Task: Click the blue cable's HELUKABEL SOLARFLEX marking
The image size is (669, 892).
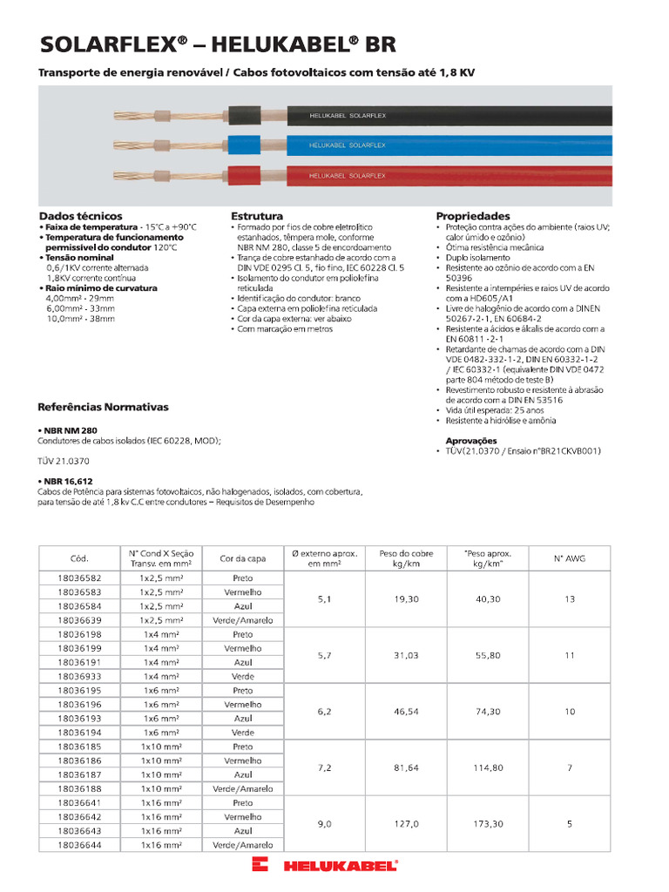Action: pyautogui.click(x=347, y=145)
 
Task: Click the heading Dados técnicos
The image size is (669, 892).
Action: pyautogui.click(x=80, y=216)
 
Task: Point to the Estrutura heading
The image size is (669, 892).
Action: pyautogui.click(x=256, y=216)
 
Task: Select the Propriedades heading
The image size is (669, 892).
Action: pyautogui.click(x=472, y=216)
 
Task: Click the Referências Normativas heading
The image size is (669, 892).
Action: pyautogui.click(x=103, y=407)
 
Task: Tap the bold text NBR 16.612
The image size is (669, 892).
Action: pyautogui.click(x=68, y=481)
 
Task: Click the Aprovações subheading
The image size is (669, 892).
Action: pyautogui.click(x=471, y=441)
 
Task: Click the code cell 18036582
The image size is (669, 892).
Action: pyautogui.click(x=78, y=578)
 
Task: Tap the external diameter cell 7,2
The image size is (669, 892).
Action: pyautogui.click(x=324, y=767)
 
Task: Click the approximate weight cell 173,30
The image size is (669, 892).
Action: pyautogui.click(x=488, y=823)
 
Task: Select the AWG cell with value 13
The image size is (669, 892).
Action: pyautogui.click(x=570, y=599)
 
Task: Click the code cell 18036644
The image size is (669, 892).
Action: pyautogui.click(x=78, y=845)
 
